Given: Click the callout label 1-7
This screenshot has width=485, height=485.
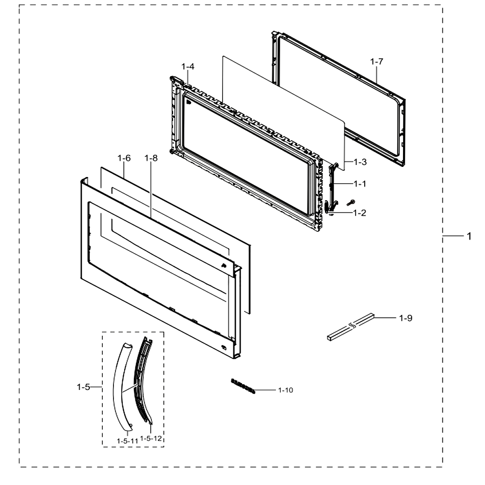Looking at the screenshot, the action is [376, 62].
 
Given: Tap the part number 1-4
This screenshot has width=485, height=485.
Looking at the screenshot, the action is [188, 66].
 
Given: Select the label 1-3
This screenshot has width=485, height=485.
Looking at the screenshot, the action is [360, 162].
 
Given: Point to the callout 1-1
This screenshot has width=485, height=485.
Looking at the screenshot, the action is [360, 184].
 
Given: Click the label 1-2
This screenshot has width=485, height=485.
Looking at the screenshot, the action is [360, 213].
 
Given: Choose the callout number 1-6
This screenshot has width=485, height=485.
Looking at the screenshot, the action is [124, 158].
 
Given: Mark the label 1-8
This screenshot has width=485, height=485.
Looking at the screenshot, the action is [151, 158].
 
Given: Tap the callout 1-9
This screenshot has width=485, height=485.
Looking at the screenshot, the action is [405, 318].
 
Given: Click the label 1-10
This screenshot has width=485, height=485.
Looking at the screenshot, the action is [286, 390].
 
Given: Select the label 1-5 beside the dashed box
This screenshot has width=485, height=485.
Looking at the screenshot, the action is [83, 387].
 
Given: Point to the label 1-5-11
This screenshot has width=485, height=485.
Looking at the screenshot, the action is [128, 441].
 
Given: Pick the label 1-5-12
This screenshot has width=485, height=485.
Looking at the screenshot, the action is [151, 438].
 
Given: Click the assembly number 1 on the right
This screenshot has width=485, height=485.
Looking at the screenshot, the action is [469, 236].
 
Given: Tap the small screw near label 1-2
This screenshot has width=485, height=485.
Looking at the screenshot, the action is [351, 203].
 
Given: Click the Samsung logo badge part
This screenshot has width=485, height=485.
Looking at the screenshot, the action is [243, 386].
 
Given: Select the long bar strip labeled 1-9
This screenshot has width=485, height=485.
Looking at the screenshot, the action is [351, 327].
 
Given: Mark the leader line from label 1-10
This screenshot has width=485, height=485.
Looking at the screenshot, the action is [265, 390].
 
